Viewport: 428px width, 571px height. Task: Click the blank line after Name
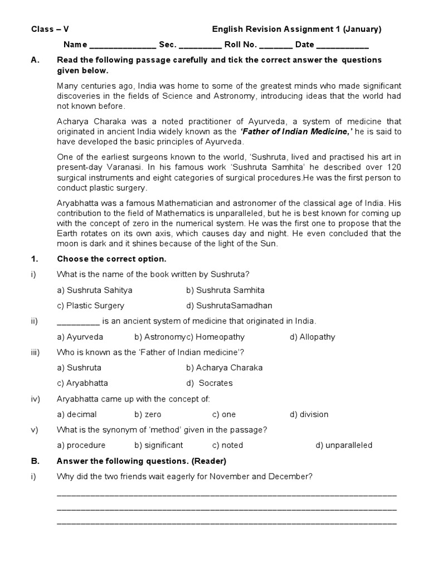click(123, 45)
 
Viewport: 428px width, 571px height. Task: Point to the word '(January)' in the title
click(362, 30)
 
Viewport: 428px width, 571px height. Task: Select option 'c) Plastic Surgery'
click(91, 306)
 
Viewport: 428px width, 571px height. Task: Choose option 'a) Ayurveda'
click(80, 337)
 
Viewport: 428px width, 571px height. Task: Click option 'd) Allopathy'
click(312, 337)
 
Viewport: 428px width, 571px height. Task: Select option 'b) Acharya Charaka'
click(225, 367)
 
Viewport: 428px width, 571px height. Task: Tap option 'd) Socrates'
click(210, 383)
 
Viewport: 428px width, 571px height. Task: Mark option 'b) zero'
click(148, 414)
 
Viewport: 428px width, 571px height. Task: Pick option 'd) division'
click(309, 414)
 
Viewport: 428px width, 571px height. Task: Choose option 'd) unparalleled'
click(344, 445)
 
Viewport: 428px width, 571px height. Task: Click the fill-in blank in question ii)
click(78, 322)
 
